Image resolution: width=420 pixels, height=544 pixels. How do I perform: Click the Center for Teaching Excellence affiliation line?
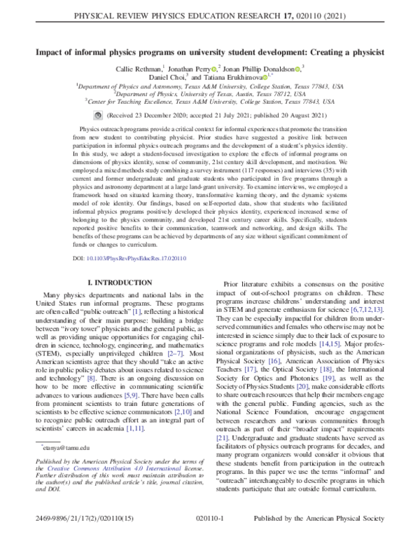209,101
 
